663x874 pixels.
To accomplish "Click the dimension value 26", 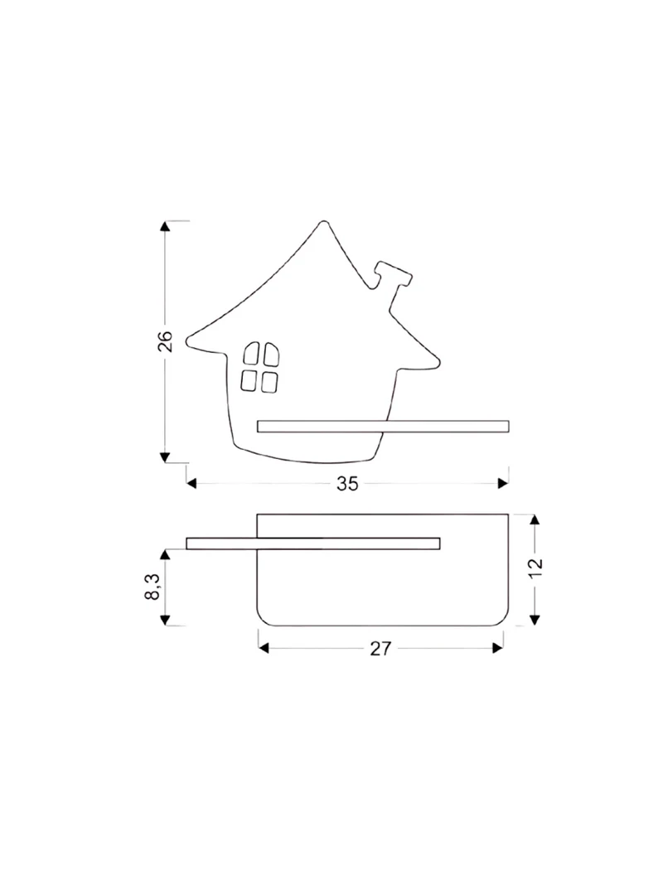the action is click(165, 341).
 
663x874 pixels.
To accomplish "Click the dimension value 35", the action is click(347, 485).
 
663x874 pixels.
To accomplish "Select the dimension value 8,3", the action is click(152, 587).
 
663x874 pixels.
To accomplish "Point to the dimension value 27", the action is click(381, 649).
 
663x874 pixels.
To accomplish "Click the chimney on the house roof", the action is click(393, 282).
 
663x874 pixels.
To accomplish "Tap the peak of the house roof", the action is click(323, 223).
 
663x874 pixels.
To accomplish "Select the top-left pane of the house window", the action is click(251, 354).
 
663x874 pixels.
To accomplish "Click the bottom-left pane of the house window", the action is click(249, 380).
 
